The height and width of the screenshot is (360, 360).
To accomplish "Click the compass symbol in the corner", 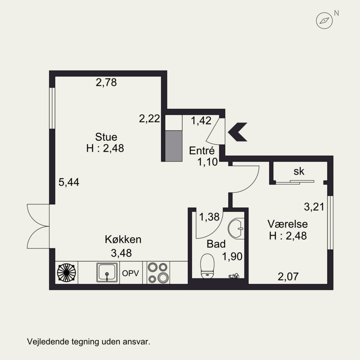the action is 324,20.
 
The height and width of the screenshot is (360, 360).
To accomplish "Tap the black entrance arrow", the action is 238,132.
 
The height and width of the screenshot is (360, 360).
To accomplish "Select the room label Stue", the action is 106,137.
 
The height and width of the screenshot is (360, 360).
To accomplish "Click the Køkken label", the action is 123,239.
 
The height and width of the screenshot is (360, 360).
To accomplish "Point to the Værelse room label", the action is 288,224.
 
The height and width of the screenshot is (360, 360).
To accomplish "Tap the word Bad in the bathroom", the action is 216,244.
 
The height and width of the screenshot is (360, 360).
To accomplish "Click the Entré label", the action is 202,151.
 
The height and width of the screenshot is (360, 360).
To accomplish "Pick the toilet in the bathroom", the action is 207,266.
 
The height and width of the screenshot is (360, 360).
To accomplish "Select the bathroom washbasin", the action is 236,229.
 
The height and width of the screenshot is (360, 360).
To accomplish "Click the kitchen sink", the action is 107,273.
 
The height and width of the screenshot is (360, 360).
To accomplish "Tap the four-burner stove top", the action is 158,273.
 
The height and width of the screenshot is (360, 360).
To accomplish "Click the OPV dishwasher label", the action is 130,273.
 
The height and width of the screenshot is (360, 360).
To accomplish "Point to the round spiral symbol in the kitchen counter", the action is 66,273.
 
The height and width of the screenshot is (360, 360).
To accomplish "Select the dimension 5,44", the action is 69,182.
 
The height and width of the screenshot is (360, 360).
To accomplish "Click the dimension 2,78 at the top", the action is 106,82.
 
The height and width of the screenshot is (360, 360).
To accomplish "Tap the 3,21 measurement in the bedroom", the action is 314,207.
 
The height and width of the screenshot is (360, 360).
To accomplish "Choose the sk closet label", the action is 299,171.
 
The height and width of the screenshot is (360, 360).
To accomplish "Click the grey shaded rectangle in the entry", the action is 174,146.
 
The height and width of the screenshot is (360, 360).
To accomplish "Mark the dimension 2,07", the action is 288,277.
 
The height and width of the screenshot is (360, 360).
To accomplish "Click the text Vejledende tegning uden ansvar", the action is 89,342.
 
